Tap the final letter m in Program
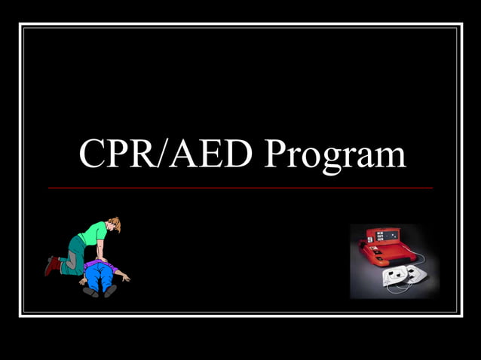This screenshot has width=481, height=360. pos(391,157)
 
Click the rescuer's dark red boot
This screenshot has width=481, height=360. pos(51,264)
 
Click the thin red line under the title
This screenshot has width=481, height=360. pos(240,188)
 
